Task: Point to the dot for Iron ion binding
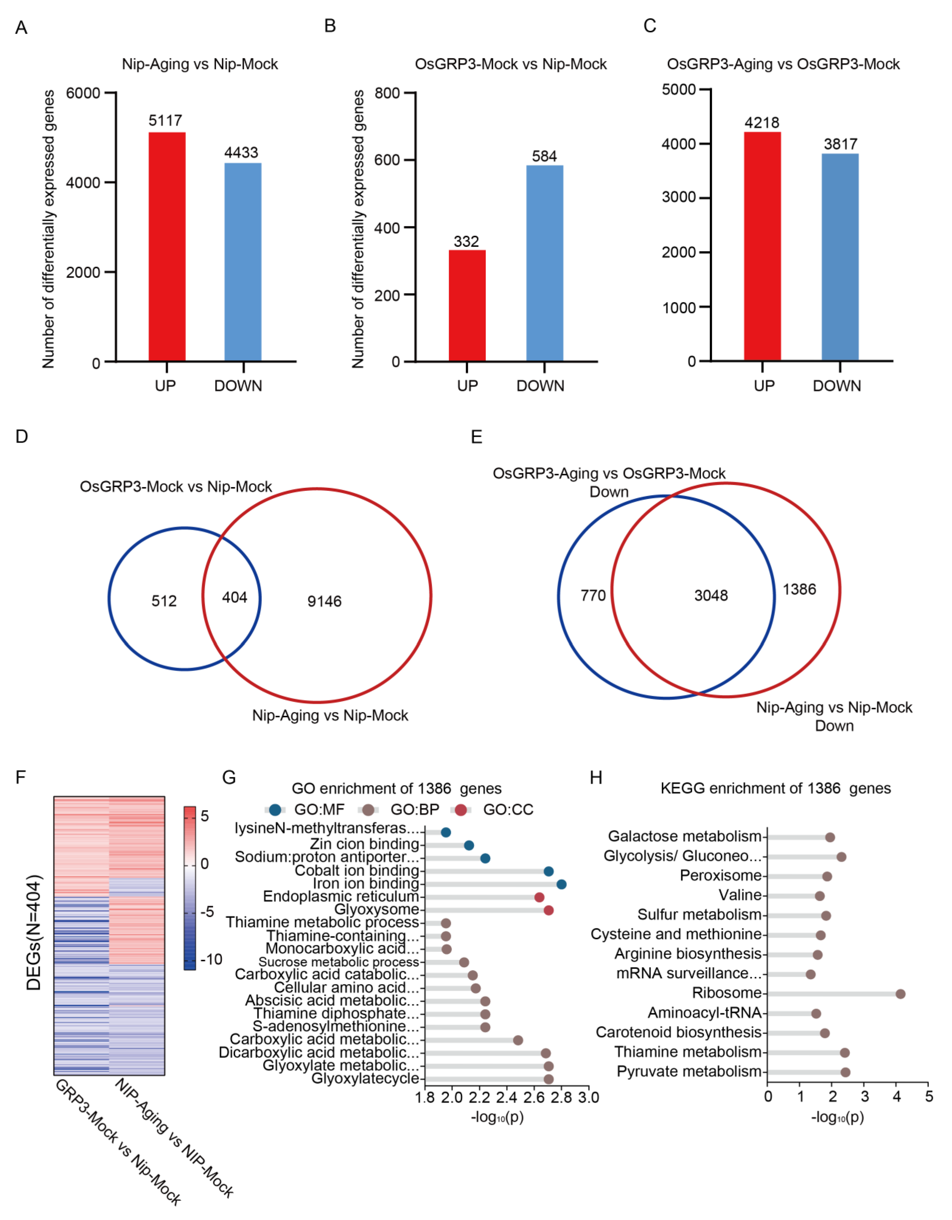pyautogui.click(x=561, y=884)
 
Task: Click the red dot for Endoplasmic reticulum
pyautogui.click(x=539, y=897)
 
